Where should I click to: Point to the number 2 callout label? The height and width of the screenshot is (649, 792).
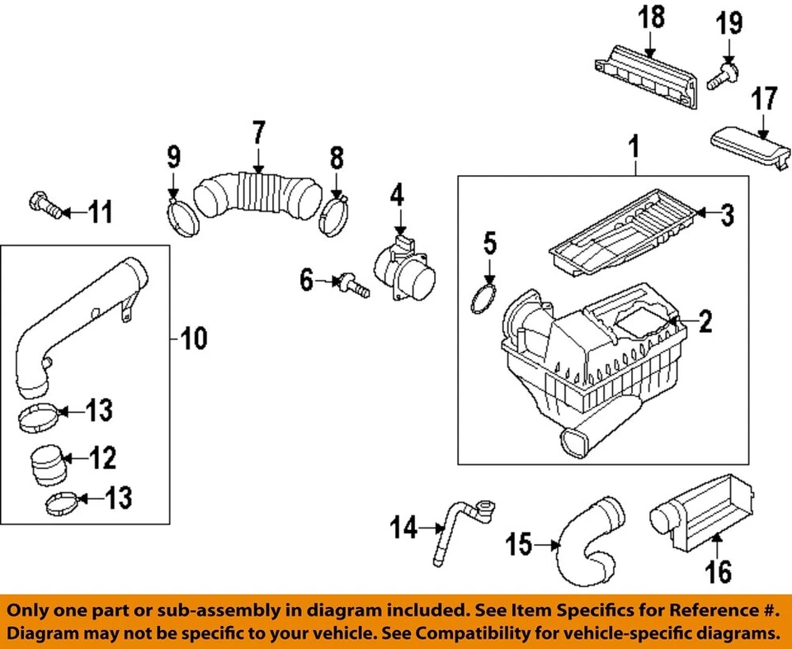pos(705,321)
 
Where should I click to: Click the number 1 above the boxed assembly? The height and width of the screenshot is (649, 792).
pos(634,148)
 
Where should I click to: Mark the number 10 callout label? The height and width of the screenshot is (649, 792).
pos(194,337)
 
